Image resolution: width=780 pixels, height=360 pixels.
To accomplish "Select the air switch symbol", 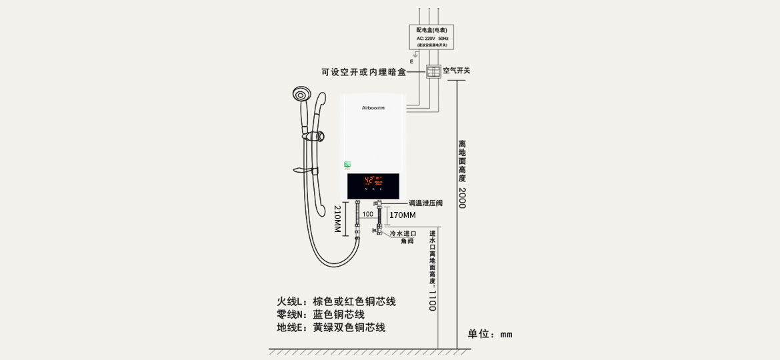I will pyautogui.click(x=434, y=71).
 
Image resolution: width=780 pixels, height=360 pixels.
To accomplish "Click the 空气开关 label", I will pyautogui.click(x=457, y=71).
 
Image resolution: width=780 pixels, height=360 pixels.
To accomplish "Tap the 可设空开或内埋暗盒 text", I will pyautogui.click(x=363, y=72).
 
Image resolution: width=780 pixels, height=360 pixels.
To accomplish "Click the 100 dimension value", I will pyautogui.click(x=368, y=214).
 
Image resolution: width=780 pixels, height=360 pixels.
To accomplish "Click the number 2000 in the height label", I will pyautogui.click(x=462, y=197).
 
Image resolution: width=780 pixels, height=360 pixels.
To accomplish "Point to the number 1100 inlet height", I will pyautogui.click(x=432, y=299).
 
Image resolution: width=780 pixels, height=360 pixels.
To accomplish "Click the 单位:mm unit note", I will pyautogui.click(x=489, y=334).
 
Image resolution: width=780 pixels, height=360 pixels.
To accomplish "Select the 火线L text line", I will pyautogui.click(x=336, y=301).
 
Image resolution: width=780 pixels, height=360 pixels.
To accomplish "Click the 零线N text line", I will pyautogui.click(x=320, y=315).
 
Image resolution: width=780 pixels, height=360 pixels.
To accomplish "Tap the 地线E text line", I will pyautogui.click(x=331, y=327).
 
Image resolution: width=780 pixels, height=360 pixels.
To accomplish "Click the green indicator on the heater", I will pyautogui.click(x=347, y=164).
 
